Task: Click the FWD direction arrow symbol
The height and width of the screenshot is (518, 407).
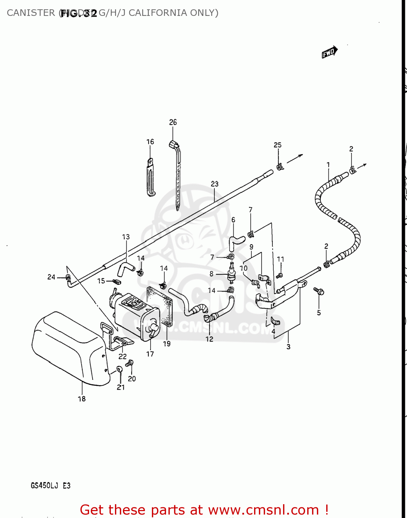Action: click(329, 52)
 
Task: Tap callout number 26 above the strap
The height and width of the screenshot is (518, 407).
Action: click(173, 122)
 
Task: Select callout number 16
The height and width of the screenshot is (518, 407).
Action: click(150, 142)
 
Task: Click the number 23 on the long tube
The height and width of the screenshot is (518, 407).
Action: click(215, 184)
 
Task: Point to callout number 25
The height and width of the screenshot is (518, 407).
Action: click(278, 145)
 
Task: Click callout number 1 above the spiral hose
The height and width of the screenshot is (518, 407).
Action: click(328, 165)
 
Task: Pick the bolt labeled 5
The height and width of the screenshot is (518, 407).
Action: click(319, 291)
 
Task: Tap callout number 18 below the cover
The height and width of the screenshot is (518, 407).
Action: click(82, 399)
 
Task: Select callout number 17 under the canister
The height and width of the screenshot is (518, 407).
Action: click(150, 354)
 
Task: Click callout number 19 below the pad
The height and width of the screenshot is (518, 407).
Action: click(167, 344)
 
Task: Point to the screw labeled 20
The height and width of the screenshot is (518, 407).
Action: click(130, 363)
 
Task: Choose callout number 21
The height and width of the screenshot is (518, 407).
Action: click(120, 387)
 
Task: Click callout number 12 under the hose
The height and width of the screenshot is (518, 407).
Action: click(210, 339)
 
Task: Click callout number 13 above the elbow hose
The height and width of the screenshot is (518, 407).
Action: click(126, 237)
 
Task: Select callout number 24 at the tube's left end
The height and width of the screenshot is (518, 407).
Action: click(51, 277)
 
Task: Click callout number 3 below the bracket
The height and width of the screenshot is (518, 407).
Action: click(289, 347)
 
